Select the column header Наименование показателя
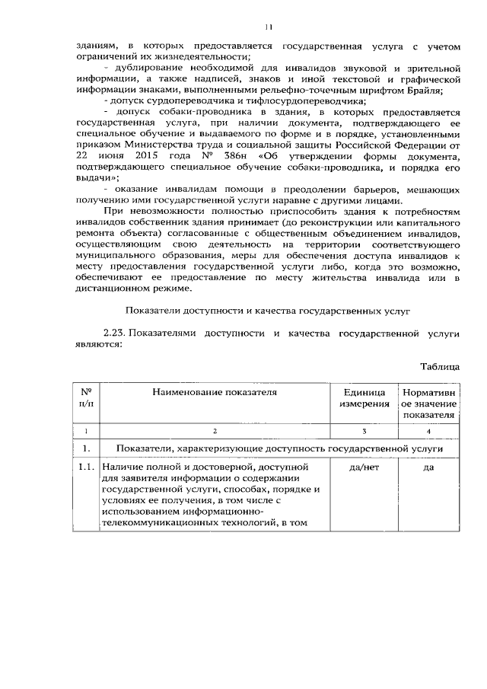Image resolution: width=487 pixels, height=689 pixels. click(215, 393)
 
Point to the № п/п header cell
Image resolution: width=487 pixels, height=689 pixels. click(86, 398)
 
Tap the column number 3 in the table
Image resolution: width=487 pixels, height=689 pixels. click(364, 432)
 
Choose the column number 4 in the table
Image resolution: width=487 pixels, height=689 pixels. click(428, 432)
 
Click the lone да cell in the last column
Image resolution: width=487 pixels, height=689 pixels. click(428, 467)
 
